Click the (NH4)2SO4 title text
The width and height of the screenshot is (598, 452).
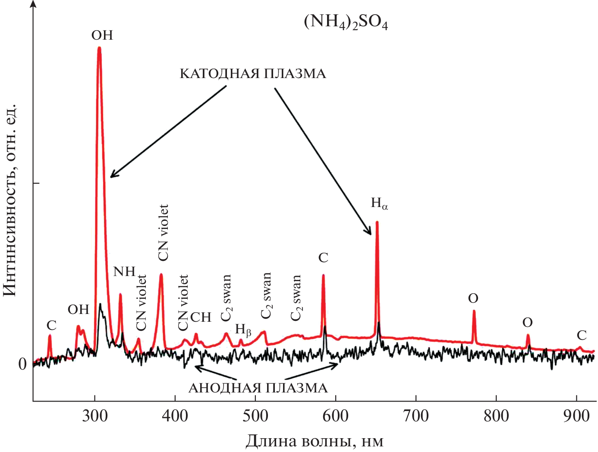point(346,22)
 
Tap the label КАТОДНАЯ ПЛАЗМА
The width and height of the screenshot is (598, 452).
point(253,74)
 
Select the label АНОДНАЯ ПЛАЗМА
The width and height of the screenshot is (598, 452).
point(258,388)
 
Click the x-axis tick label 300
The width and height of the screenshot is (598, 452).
point(95,416)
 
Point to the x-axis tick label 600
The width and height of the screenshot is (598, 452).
point(335,416)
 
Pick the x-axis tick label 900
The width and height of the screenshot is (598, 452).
point(576,416)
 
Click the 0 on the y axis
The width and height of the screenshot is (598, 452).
point(22,364)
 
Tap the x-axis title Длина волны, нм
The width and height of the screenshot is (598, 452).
point(315,441)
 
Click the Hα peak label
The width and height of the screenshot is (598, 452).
point(379,203)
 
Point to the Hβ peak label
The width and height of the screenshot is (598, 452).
point(243,330)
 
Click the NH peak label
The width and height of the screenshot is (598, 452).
point(124,271)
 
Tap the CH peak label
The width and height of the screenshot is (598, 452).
point(201,317)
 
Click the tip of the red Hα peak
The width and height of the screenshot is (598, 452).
point(377,222)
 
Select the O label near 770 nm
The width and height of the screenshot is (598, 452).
point(473,298)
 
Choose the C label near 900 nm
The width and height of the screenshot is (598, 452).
point(582,335)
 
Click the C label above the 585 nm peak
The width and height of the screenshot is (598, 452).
point(323,257)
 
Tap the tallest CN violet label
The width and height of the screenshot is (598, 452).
point(163,232)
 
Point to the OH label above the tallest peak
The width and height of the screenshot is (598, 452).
point(102,35)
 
